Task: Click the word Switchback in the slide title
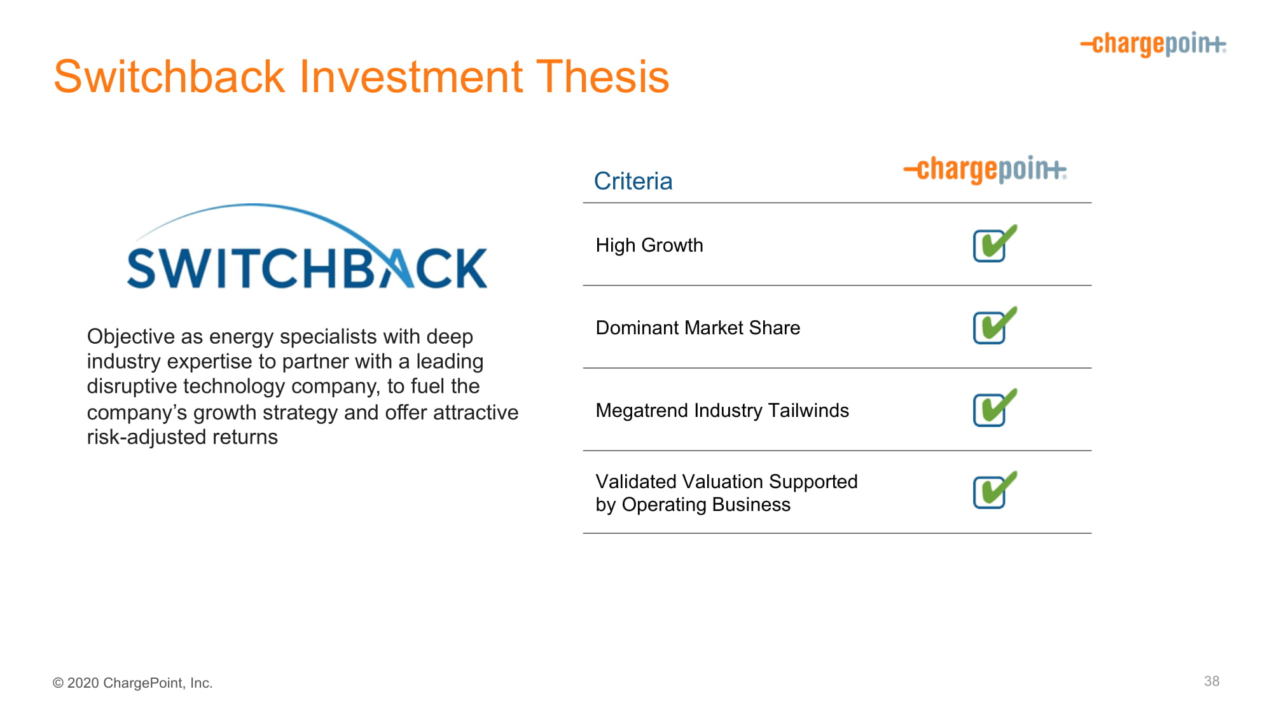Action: point(169,76)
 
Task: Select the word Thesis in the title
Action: point(602,76)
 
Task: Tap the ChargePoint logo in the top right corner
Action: point(1153,44)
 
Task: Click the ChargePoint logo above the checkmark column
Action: point(985,170)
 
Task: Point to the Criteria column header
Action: point(633,181)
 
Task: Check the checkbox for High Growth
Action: point(995,243)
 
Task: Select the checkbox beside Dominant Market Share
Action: point(995,325)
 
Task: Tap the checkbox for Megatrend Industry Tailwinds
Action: point(995,408)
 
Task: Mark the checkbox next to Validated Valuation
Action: point(995,490)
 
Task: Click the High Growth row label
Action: point(649,245)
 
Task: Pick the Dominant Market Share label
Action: point(698,328)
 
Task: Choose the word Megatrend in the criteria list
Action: point(642,411)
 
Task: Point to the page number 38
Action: point(1212,681)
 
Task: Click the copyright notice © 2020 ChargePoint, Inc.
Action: point(132,683)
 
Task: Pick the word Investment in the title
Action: point(411,76)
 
